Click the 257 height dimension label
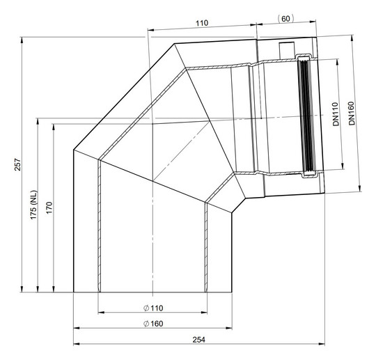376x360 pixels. (x=18, y=164)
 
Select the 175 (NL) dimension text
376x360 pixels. (x=33, y=205)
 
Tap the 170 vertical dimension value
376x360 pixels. (x=49, y=208)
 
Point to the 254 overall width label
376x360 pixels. (x=198, y=340)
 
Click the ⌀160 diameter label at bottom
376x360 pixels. (x=153, y=324)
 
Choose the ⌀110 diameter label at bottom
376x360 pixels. (x=153, y=308)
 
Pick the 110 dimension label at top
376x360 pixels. (x=202, y=23)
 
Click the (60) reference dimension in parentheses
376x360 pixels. (x=285, y=19)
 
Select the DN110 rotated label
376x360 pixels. (x=336, y=114)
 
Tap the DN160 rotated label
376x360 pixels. (x=352, y=114)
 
